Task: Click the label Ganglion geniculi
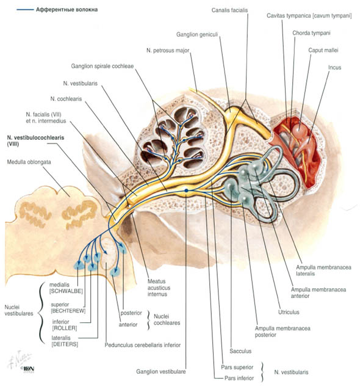(x=197, y=34)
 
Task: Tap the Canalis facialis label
(x=229, y=10)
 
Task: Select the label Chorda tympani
(x=311, y=33)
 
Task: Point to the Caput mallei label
(x=323, y=50)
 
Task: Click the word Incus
(x=334, y=67)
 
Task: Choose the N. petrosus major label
(x=168, y=51)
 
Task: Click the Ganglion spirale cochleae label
(x=103, y=66)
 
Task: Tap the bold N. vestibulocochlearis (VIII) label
(x=35, y=140)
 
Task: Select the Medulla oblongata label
(x=29, y=162)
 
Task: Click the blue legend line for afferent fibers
(x=25, y=10)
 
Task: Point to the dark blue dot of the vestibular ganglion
(x=186, y=191)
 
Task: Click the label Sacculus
(x=240, y=351)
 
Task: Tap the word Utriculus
(x=289, y=312)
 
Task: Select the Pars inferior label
(x=239, y=379)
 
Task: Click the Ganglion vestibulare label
(x=160, y=372)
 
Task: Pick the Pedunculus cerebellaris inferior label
(x=143, y=345)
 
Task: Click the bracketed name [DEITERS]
(x=65, y=344)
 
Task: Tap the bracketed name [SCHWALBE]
(x=66, y=291)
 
